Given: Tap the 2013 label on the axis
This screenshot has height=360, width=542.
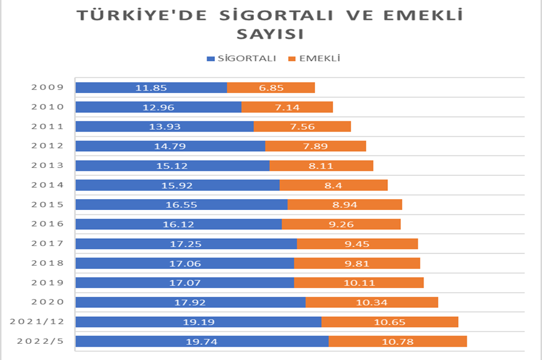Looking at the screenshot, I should coord(47,166).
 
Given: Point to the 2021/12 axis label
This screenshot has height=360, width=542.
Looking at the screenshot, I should coord(37,322).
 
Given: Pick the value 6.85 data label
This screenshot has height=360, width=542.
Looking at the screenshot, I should coord(271,88).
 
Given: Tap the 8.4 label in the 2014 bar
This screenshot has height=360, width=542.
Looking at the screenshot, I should coord(333,185).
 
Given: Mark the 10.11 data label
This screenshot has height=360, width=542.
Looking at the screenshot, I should coord(358,283).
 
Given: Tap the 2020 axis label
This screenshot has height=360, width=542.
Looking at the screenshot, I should coord(47,302).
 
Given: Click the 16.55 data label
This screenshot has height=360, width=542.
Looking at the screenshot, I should coord(181,205).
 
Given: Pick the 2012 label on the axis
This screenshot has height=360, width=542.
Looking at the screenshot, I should coord(47,146).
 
